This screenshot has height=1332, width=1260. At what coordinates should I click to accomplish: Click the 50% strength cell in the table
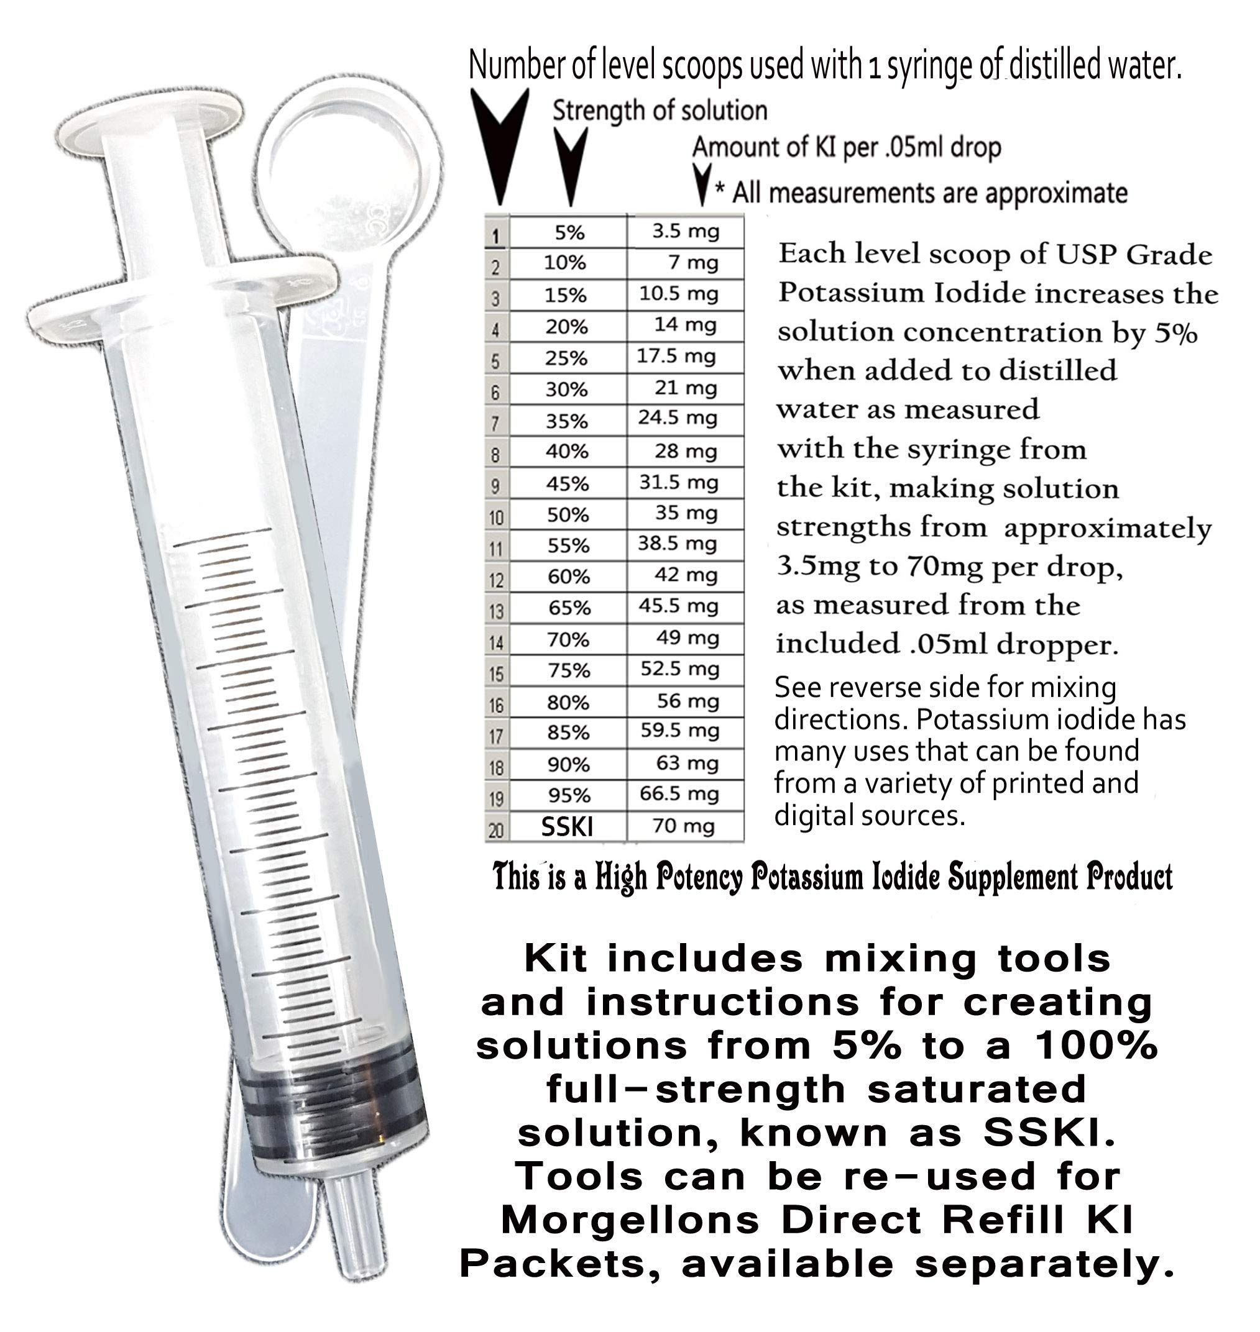click(568, 515)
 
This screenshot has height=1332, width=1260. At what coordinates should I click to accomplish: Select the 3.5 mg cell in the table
click(685, 232)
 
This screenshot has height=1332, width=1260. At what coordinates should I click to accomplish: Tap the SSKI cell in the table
click(567, 826)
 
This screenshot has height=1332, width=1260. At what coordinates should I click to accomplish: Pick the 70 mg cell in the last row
click(684, 826)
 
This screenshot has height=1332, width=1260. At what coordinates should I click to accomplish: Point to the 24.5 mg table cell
click(678, 418)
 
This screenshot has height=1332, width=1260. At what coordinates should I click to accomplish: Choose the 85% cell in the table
click(568, 732)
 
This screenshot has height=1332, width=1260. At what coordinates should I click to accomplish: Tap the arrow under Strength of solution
click(569, 165)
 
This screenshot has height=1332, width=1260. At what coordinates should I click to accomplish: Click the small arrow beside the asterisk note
click(702, 183)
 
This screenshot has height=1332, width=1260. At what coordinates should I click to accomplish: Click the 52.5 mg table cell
click(679, 669)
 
